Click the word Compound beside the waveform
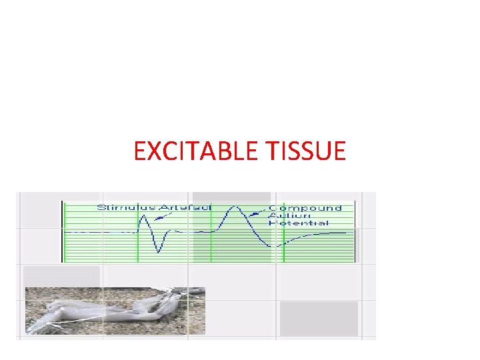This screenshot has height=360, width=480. (305, 207)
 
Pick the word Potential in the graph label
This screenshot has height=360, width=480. (298, 223)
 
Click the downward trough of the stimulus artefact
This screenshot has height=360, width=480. (159, 252)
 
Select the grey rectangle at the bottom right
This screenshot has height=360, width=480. (319, 318)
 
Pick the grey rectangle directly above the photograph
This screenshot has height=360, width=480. (61, 275)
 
